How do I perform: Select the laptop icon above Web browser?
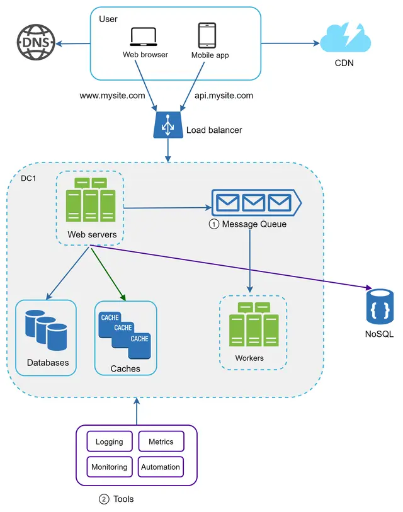coord(144,37)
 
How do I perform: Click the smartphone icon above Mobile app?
coord(207,35)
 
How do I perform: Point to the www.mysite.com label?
coord(112,96)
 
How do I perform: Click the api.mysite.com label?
coord(224,96)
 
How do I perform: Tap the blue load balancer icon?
coord(167,126)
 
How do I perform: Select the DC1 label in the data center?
coord(28,179)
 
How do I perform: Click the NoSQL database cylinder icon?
coord(380,307)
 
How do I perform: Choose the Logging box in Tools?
coord(109,442)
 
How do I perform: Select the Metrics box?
coord(161,442)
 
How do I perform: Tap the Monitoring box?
coord(109,467)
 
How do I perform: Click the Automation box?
coord(161,467)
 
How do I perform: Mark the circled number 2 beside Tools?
coord(104,499)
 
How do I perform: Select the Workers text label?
coord(249,358)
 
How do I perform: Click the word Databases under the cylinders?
coord(48,363)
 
